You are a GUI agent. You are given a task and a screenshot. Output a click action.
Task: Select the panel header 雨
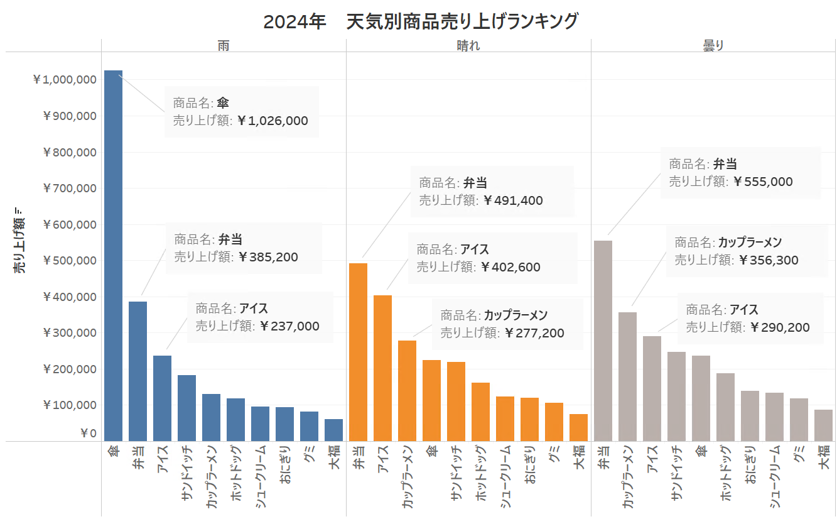[x=224, y=45]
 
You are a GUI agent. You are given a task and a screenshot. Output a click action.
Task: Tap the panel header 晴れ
[x=468, y=45]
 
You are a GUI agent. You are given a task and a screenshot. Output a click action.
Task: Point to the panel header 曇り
[x=713, y=45]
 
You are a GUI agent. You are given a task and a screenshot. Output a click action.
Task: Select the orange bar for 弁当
[x=358, y=352]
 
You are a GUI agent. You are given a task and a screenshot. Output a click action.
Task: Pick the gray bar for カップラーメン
[x=627, y=376]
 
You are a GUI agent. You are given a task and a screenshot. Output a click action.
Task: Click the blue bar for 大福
[x=333, y=430]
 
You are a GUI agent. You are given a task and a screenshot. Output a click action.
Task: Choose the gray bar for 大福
[x=823, y=425]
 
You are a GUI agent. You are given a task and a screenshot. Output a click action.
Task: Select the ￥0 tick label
[x=88, y=434]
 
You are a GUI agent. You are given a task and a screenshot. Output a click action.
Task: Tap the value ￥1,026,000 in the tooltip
[x=273, y=121]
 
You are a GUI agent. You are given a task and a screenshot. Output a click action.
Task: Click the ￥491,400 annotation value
[x=513, y=201]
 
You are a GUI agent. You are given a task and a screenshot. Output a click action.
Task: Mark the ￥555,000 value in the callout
[x=762, y=182]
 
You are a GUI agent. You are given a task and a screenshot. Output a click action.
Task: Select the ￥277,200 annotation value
[x=534, y=334]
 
